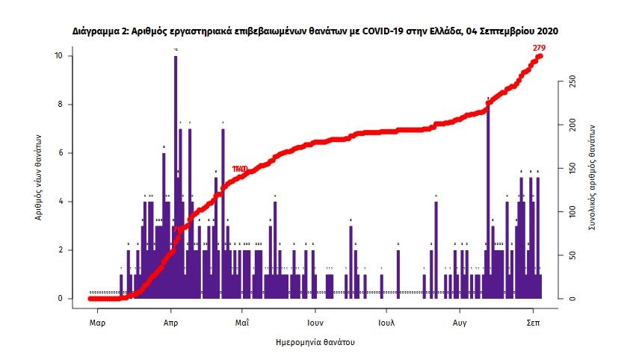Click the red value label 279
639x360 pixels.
pos(539,48)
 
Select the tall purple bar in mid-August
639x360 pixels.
pos(488,194)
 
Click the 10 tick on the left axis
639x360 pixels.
pos(69,56)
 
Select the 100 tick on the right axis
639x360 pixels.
pos(572,212)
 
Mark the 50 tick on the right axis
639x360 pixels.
pos(572,255)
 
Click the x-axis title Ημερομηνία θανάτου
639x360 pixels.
pos(314,343)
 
